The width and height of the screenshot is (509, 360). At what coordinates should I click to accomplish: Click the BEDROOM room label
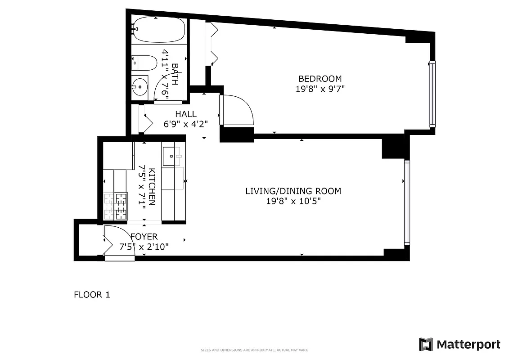pos(320,79)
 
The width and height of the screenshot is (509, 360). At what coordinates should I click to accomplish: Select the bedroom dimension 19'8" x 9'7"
pos(320,89)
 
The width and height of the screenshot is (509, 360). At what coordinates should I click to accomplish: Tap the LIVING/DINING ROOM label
pos(293,191)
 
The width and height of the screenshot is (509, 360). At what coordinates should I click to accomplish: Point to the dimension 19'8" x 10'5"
pos(293,201)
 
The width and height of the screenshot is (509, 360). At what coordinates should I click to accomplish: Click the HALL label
pos(186,114)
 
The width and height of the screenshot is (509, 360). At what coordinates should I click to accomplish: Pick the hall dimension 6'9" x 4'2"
pos(186,124)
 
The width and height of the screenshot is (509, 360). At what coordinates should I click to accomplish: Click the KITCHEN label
pos(152,187)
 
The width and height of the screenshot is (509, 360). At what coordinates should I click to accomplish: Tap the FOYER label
pos(144,237)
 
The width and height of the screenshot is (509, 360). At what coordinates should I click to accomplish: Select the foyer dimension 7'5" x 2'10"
pos(144,247)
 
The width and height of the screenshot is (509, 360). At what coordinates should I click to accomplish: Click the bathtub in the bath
pos(159,30)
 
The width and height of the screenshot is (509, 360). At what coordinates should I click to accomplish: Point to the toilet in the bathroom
pos(143,63)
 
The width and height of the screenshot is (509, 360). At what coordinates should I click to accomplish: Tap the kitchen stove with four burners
pos(116,206)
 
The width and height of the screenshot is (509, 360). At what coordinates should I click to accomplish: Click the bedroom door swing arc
pos(239,110)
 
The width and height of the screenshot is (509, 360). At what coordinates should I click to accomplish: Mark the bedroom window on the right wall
pos(432,94)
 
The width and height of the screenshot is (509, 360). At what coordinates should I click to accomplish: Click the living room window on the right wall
pos(407,202)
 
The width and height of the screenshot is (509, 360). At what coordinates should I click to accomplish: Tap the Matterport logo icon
pos(426,344)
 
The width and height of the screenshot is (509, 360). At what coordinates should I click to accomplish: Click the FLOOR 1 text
pos(92,295)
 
